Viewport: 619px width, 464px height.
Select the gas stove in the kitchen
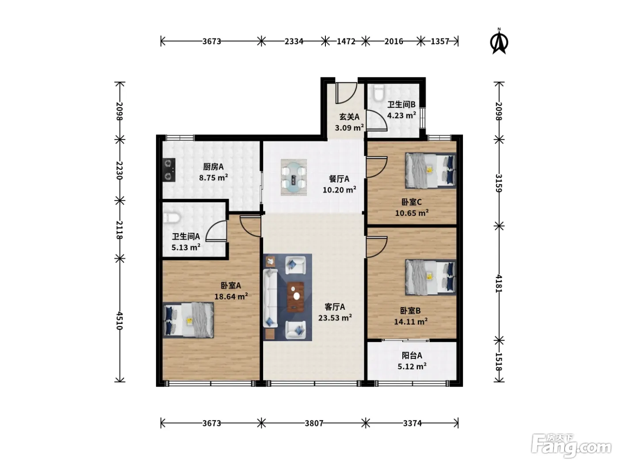click(168, 170)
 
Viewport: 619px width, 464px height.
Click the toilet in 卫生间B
click(378, 93)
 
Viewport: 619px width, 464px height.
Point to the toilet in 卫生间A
click(172, 218)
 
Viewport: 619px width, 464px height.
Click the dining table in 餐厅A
click(294, 178)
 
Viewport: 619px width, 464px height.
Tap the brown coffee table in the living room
click(295, 297)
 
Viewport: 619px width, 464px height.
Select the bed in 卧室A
click(188, 320)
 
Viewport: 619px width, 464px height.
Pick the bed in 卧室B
click(430, 277)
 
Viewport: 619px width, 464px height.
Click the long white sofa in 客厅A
click(270, 298)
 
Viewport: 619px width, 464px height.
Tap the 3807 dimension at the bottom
click(313, 423)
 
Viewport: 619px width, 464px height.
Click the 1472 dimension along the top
click(346, 42)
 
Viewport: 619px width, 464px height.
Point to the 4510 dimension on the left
click(119, 320)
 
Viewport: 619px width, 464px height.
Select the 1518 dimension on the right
click(499, 361)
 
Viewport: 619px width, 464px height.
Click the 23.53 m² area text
click(335, 318)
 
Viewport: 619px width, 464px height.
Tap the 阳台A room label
click(412, 356)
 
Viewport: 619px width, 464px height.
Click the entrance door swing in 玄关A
click(346, 93)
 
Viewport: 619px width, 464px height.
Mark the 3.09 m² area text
click(349, 128)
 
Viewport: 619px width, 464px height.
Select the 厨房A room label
click(213, 167)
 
